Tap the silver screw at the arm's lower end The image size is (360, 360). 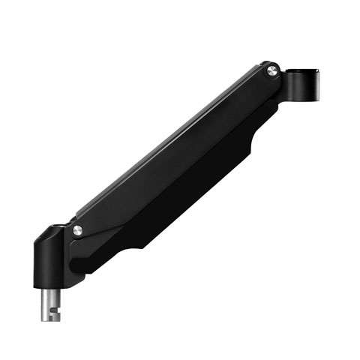click(77, 230)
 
